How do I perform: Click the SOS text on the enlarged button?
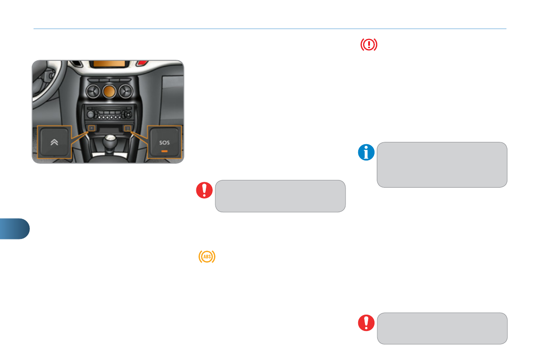point(164,142)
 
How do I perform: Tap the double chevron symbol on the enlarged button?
point(54,142)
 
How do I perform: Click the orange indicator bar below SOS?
point(164,151)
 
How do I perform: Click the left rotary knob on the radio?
point(90,114)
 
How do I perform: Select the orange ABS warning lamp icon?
point(207,257)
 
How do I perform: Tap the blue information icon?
point(366,153)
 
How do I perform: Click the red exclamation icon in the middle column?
point(204,190)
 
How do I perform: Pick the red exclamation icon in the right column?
point(366,322)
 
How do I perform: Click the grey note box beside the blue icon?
point(442,165)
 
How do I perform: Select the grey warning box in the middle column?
point(280,196)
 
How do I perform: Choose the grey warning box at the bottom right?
point(442,328)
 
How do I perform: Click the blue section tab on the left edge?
point(15,229)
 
